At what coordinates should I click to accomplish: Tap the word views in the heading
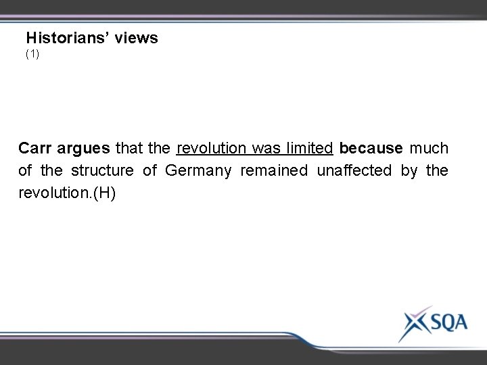pos(136,39)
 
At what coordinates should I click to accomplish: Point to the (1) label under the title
pos(32,53)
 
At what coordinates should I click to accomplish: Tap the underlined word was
pos(263,147)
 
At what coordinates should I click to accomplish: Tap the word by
pos(409,170)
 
